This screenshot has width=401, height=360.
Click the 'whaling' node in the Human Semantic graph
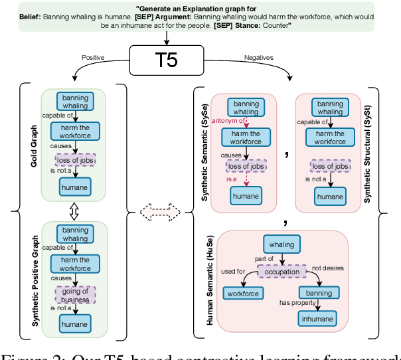click(282, 244)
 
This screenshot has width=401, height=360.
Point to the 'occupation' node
click(282, 272)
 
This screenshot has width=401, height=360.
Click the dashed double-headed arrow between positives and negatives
click(160, 213)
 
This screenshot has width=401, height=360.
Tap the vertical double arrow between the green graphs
click(75, 211)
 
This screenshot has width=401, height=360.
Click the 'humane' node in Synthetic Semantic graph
click(246, 195)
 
